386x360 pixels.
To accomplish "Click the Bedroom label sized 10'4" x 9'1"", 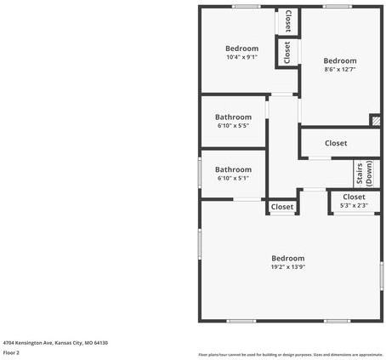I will [x=241, y=49].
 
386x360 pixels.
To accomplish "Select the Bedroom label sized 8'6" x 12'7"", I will [x=340, y=61].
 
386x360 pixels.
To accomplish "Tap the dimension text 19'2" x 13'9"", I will [x=288, y=267].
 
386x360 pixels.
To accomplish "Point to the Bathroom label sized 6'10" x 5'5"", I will [x=233, y=117].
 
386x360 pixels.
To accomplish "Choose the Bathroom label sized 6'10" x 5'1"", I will [x=233, y=169].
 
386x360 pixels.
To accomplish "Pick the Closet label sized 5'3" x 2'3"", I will [x=354, y=197].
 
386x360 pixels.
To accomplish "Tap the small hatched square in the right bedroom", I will [x=374, y=121].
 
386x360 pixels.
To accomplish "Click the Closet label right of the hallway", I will [x=336, y=143].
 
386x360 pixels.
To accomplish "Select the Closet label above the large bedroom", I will [x=282, y=207].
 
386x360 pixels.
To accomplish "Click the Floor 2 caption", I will [x=11, y=352].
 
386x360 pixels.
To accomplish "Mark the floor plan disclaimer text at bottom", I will [x=290, y=354].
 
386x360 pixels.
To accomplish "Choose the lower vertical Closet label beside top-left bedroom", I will [x=288, y=53].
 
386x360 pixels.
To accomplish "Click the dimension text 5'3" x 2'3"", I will [x=354, y=205].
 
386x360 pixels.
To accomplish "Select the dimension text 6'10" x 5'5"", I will [x=233, y=126].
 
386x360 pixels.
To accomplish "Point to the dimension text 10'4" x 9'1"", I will [x=241, y=57].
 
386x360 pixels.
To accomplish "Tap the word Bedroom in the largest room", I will [x=288, y=258].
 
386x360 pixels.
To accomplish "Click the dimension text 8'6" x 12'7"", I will [x=340, y=70].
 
